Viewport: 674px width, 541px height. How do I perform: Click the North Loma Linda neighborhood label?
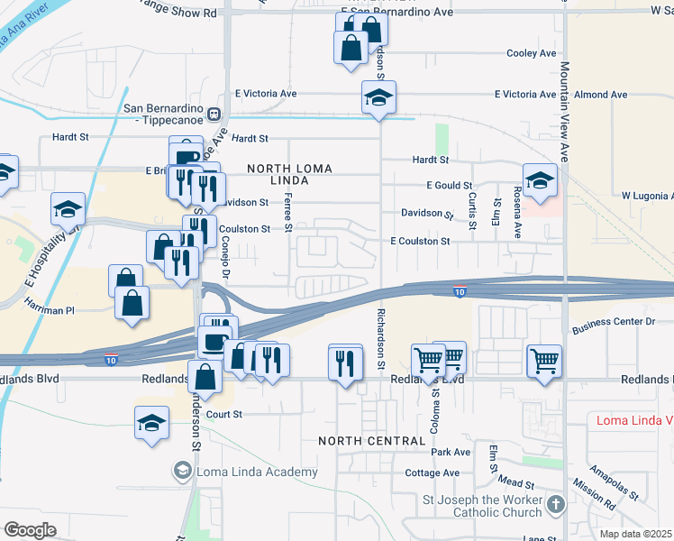point(290,175)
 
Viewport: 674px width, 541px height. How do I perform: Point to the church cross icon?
point(556,504)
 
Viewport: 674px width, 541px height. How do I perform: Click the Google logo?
point(30,530)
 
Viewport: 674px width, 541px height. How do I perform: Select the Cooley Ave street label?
point(532,53)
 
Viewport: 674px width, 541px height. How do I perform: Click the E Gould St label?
point(449,185)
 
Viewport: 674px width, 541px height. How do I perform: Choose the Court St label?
point(225,415)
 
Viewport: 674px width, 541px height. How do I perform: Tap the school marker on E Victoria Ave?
point(379,99)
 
